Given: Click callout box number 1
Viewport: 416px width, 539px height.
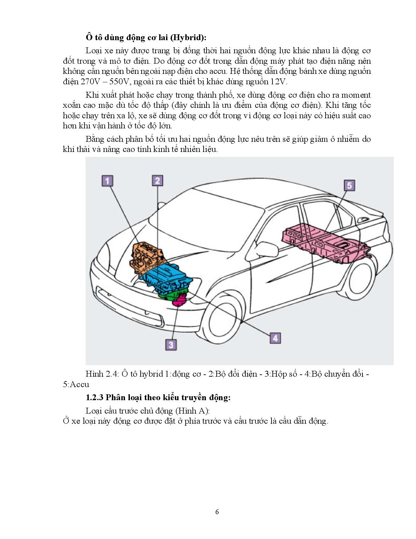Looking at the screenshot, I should coord(108,181).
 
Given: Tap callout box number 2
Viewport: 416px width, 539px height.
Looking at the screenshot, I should coord(157,181).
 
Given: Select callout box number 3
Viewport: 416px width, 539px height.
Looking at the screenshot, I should coord(171,344).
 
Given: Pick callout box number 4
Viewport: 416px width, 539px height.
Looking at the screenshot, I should coord(275,338).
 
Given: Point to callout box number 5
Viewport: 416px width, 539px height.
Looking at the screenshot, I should coord(349,186).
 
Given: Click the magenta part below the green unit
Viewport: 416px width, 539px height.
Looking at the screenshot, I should coord(179,300).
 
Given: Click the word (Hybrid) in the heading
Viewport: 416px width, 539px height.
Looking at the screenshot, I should coord(190,38).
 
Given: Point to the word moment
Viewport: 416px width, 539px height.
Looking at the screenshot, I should coord(356,95).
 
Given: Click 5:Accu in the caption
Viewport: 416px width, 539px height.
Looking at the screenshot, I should coord(76,384).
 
